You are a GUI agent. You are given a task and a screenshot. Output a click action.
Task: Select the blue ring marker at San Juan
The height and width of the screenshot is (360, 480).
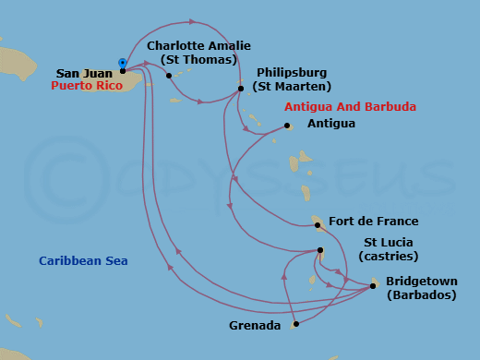[122, 62]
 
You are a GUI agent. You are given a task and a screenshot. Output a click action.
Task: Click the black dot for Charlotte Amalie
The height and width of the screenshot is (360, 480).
[169, 76]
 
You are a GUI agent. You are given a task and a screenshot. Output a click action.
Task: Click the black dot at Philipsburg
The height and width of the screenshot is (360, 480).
[240, 89]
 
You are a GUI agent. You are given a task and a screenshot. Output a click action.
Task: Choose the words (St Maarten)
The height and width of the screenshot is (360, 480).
[293, 87]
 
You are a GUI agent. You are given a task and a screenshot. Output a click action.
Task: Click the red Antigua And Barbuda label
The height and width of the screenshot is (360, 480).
[350, 107]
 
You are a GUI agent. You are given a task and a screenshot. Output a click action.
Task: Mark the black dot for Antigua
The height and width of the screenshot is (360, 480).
[287, 126]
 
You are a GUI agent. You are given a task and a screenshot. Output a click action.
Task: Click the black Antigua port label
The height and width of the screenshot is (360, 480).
[330, 125]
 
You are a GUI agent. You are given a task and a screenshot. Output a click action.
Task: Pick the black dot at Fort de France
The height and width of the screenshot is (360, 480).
[317, 224]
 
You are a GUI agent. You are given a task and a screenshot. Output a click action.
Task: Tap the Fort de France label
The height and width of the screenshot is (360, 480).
[373, 222]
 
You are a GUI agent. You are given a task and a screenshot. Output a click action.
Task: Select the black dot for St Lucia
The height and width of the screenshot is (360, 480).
[320, 251]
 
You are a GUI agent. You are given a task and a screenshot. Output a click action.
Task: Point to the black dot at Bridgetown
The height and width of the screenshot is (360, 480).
[372, 286]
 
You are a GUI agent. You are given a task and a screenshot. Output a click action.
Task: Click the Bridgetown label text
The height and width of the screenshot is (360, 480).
[421, 281]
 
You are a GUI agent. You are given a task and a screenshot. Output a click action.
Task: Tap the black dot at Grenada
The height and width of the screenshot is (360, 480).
[294, 325]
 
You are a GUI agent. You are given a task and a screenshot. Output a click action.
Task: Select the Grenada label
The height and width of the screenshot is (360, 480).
[254, 326]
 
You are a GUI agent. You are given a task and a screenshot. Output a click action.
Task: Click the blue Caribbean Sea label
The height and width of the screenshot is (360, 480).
[83, 261]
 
